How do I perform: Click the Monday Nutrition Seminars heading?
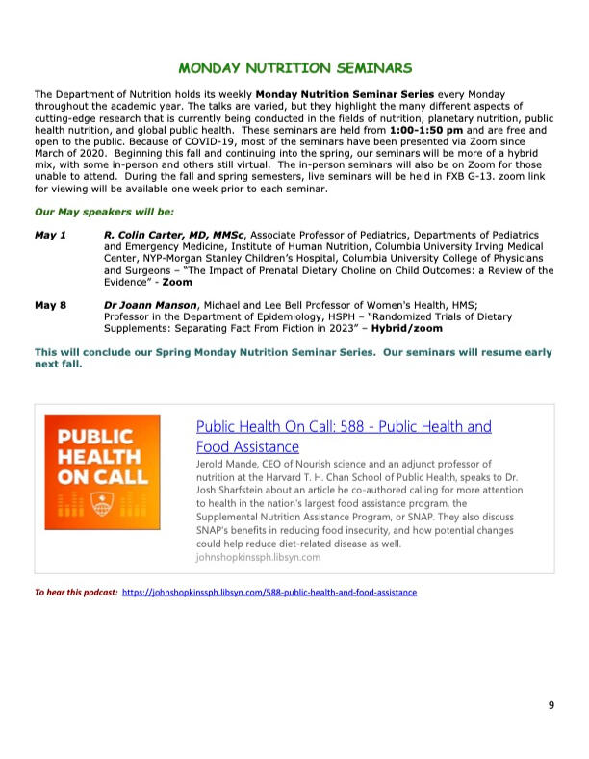(295, 68)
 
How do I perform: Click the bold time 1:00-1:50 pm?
(426, 128)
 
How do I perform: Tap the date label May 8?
(50, 306)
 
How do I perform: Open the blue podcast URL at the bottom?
(269, 593)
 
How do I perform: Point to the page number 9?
(551, 706)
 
